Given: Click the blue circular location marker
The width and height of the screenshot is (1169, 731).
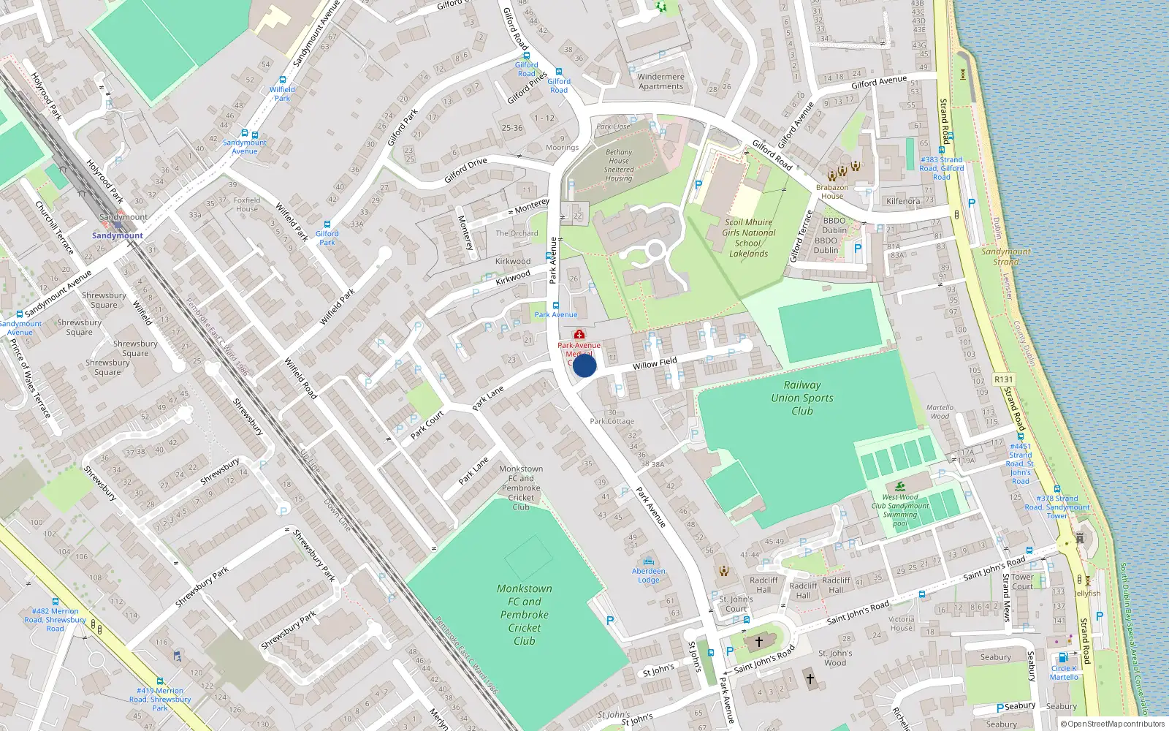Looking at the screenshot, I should [584, 365].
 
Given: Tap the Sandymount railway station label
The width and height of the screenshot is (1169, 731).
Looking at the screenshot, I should [118, 235].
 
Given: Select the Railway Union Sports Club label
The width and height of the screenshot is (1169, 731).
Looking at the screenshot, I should [801, 398].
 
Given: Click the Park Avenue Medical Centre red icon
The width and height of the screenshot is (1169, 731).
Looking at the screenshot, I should [579, 335].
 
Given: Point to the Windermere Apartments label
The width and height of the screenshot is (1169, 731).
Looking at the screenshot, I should [660, 81].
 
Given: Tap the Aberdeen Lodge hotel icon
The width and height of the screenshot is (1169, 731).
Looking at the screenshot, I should [648, 561].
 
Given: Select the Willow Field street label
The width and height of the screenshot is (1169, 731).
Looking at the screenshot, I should [655, 363].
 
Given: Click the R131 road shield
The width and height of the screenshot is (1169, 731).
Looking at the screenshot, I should [1003, 379].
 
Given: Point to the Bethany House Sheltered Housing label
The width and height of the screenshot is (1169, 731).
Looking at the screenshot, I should [618, 165].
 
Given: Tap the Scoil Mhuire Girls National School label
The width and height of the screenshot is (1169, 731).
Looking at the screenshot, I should [748, 238].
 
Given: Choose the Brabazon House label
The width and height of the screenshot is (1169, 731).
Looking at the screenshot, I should [832, 192].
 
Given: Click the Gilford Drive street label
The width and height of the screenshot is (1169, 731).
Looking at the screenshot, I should [465, 171].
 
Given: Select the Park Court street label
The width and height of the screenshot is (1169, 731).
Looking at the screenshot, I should [427, 425].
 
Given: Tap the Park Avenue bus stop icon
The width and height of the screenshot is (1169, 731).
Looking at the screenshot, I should [556, 306].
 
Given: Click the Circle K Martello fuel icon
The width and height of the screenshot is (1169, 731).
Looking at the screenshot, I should [1062, 658].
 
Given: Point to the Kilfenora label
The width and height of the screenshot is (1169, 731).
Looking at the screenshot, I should [903, 201].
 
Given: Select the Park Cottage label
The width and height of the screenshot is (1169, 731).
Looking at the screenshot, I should [612, 421].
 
